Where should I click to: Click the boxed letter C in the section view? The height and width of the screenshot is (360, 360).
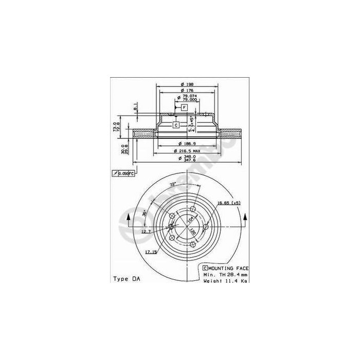(x=175, y=124)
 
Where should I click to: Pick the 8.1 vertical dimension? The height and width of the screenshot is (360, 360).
(x=135, y=107)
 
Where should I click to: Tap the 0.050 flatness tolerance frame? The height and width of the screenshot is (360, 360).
(x=123, y=174)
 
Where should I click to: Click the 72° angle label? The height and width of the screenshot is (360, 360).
(x=173, y=184)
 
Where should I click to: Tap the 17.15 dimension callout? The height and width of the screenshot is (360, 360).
(x=151, y=251)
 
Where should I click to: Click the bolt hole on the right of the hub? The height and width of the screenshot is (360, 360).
(x=205, y=227)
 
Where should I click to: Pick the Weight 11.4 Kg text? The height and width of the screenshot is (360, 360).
(x=225, y=281)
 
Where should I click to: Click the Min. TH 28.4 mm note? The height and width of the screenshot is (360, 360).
(x=226, y=275)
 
